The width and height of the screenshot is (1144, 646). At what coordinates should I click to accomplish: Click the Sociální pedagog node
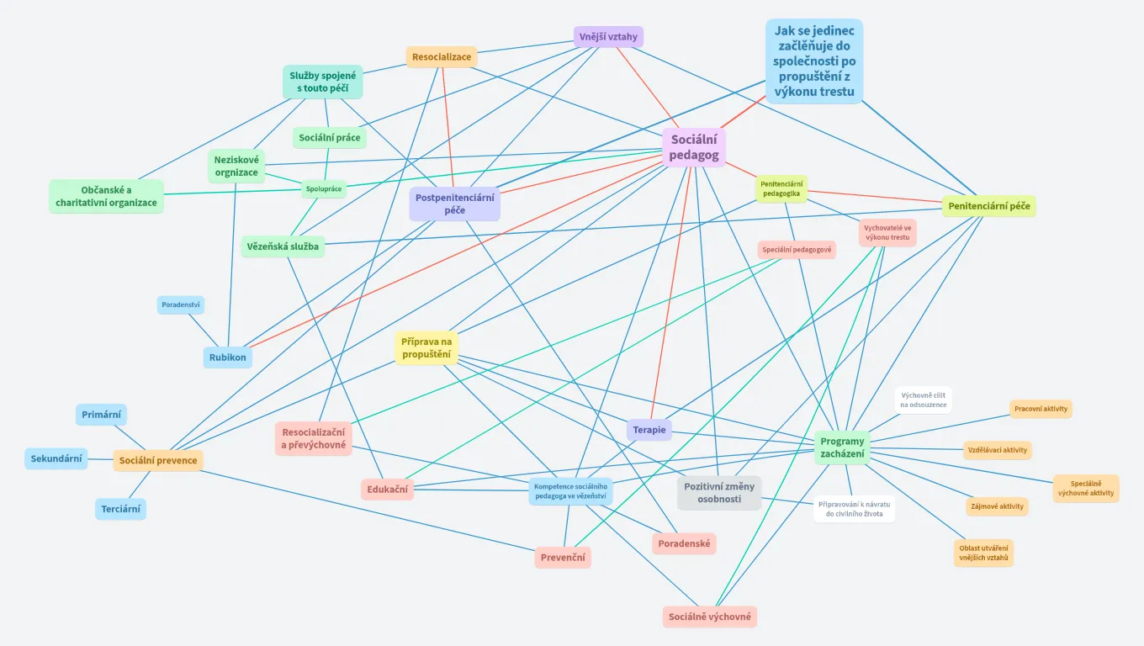694,147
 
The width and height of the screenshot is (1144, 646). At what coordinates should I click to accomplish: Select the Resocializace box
442,57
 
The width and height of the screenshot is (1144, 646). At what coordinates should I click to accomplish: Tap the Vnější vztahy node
609,37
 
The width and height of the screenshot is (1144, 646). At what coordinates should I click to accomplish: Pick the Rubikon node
228,357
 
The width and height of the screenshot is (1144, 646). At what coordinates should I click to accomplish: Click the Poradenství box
181,304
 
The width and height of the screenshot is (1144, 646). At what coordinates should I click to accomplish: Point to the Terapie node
649,430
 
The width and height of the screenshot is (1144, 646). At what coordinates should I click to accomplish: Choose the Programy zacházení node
842,447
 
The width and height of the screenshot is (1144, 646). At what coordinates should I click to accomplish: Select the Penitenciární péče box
988,206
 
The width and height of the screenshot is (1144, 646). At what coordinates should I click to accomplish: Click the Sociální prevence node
158,460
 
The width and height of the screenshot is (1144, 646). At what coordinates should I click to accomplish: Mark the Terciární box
120,509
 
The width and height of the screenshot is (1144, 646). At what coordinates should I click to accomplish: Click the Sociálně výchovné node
710,617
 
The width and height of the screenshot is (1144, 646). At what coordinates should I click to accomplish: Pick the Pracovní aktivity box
1041,409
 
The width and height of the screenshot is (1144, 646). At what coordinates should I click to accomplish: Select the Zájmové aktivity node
997,506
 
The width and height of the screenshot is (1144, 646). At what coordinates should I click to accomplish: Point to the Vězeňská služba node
283,246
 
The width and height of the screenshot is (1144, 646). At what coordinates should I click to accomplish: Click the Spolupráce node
324,189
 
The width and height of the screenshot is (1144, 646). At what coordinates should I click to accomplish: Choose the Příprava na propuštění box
426,348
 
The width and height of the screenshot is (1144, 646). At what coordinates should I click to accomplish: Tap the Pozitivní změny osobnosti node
719,493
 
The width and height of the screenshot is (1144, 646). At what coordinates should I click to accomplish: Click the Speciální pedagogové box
797,250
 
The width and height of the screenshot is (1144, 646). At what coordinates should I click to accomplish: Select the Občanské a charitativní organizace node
106,196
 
